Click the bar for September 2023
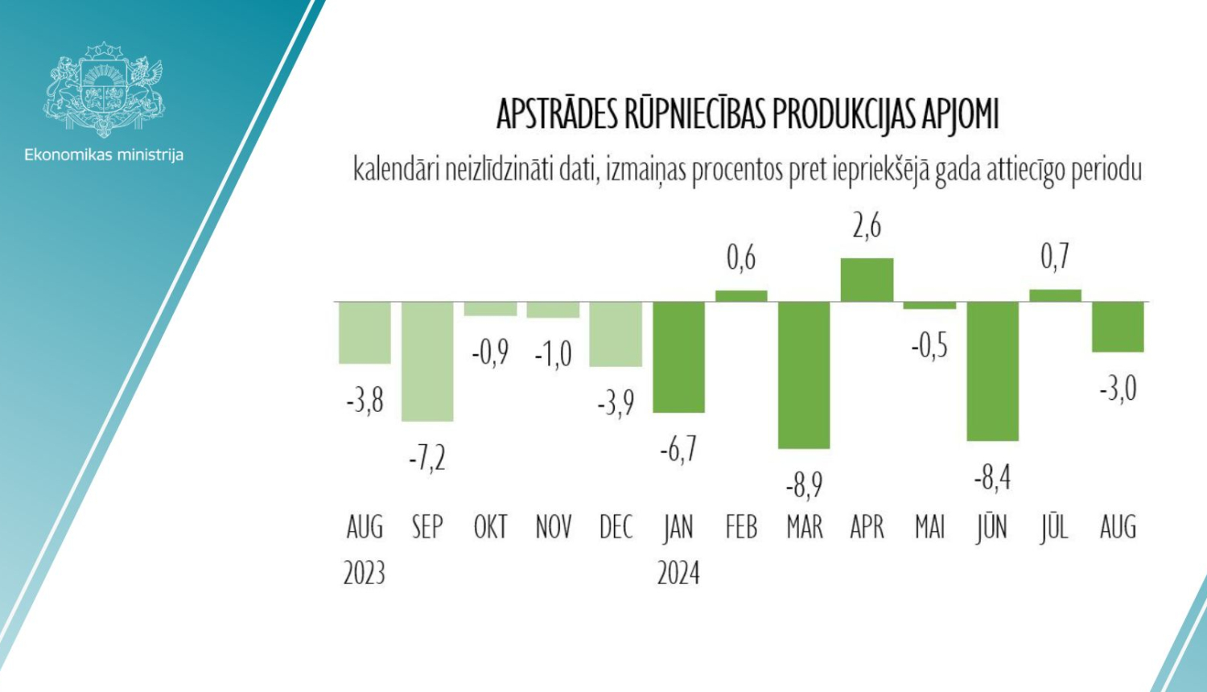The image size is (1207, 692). tap(427, 360)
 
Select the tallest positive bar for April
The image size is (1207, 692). tap(867, 279)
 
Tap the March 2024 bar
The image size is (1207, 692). tap(804, 374)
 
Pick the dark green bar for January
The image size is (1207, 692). tap(678, 356)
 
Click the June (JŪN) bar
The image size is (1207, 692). tap(992, 370)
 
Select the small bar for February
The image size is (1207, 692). tap(741, 295)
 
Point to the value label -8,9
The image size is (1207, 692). tap(804, 485)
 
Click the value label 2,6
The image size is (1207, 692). tap(867, 226)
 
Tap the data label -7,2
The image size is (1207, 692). tap(427, 458)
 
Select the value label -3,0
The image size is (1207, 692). tap(1118, 389)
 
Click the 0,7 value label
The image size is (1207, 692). tap(1055, 257)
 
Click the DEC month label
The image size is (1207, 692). tap(616, 528)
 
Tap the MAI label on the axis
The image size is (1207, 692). tap(929, 528)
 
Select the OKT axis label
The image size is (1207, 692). tap(490, 528)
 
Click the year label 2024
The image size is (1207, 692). tap(678, 574)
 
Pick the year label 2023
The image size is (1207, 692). tap(365, 574)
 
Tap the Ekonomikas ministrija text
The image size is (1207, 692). tap(104, 154)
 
